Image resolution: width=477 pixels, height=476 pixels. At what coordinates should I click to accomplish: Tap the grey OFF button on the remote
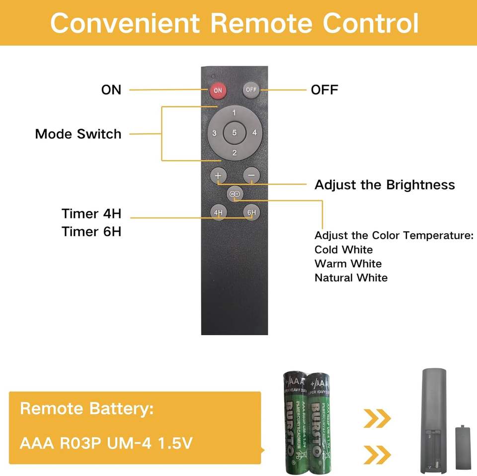click(251, 90)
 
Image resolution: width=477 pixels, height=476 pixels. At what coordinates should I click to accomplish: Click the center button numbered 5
click(234, 133)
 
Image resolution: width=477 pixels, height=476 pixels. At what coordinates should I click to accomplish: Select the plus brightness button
click(218, 175)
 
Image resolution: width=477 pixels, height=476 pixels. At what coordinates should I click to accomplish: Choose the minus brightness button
click(251, 175)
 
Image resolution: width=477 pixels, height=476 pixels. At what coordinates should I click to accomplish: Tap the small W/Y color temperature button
click(235, 194)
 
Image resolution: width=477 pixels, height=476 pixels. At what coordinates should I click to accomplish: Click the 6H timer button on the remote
click(251, 213)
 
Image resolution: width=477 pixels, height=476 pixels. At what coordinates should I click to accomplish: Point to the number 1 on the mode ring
click(234, 113)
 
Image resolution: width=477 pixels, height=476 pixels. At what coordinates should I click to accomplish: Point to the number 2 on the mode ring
click(234, 153)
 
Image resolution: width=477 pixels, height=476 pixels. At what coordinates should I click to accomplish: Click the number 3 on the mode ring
click(214, 133)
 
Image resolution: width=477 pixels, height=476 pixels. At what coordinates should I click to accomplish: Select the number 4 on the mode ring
click(254, 133)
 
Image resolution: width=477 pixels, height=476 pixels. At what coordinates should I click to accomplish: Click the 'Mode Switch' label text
click(78, 134)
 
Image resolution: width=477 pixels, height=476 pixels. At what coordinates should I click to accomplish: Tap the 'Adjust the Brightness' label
click(385, 185)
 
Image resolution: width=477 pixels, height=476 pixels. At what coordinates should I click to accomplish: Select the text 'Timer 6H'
click(91, 232)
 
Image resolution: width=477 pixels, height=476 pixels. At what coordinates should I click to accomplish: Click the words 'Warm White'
click(348, 264)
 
